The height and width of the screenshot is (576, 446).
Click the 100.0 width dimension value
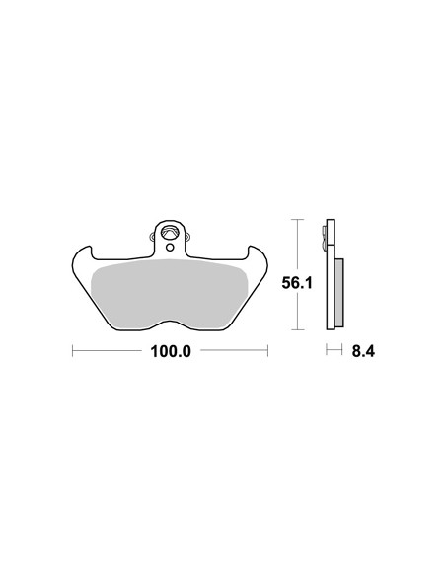171,351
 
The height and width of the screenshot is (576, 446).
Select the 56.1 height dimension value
297,283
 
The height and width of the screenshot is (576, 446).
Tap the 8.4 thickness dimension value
363,351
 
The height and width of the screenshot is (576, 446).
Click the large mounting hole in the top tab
170,232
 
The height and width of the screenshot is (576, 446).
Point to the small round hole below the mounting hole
170,248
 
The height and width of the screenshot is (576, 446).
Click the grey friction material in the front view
169,294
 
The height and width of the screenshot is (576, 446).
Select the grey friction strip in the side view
339,293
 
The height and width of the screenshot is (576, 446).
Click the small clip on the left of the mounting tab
152,236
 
